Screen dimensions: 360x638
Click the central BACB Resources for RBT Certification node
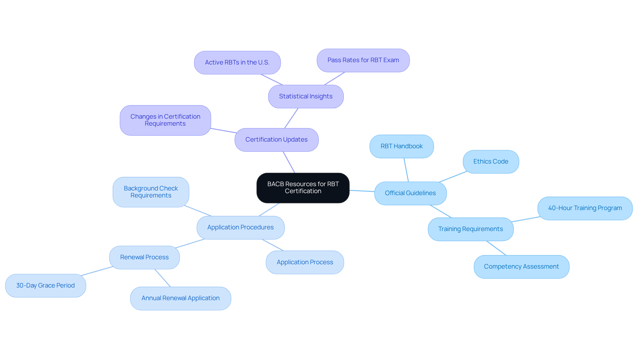[303, 188]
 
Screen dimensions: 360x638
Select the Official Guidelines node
[410, 193]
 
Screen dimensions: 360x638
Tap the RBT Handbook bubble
[401, 146]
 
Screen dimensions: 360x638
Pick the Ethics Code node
[490, 162]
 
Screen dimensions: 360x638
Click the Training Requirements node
[470, 229]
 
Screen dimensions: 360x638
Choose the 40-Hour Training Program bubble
[585, 208]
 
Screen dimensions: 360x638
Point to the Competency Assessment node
[521, 267]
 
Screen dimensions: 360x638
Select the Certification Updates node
[276, 140]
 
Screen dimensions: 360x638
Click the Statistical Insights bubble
[305, 96]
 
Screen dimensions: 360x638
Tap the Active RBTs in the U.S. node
[237, 62]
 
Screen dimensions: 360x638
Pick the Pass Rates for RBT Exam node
[363, 60]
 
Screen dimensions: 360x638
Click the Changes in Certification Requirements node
[165, 120]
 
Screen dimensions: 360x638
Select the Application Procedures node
[240, 227]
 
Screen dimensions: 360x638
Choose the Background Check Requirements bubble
[151, 192]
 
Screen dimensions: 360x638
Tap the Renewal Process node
[144, 257]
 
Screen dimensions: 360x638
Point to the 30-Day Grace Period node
[45, 286]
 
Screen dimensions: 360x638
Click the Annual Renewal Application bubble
[180, 298]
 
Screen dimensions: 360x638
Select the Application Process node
[304, 262]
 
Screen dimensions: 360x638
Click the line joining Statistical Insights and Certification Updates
[291, 118]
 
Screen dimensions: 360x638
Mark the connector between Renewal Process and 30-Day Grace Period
[97, 271]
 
